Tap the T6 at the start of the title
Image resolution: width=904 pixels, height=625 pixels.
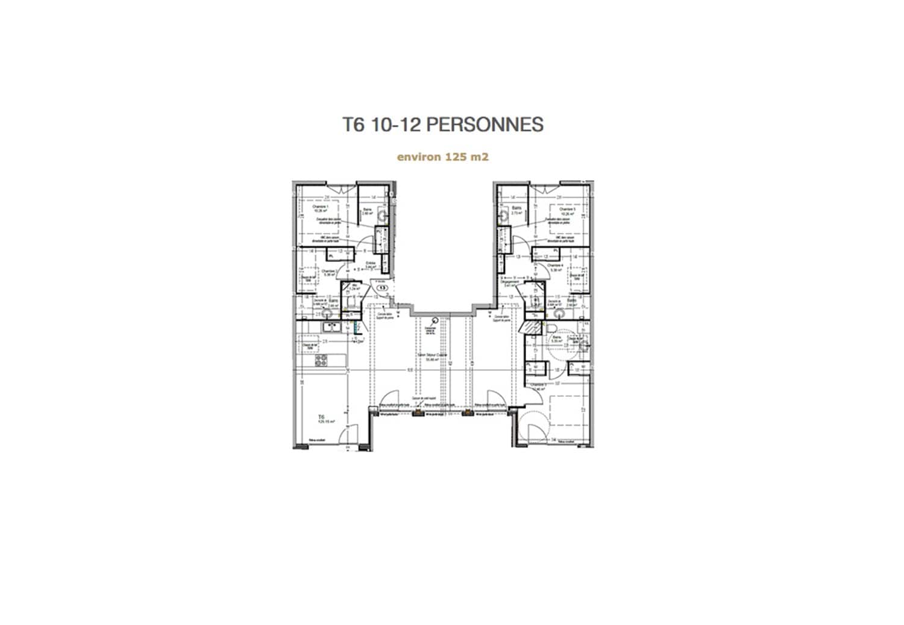pos(354,125)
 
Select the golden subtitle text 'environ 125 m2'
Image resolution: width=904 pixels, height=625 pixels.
pos(442,157)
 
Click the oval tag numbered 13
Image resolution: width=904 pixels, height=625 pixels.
pos(382,288)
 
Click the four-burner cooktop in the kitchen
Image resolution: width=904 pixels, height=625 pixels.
pos(321,360)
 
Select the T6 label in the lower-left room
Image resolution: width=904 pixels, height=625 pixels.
pos(321,418)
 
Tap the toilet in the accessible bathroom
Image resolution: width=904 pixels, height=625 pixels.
pos(551,326)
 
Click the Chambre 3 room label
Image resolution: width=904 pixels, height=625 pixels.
pos(538,386)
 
